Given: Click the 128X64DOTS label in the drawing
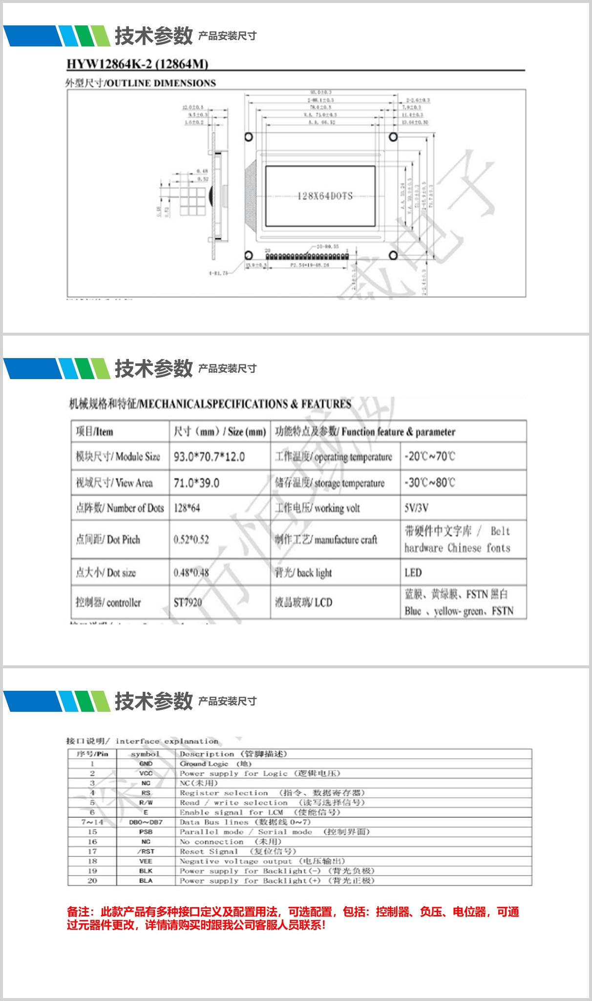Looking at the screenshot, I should [x=325, y=196].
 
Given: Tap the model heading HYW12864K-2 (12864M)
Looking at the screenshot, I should [x=137, y=64].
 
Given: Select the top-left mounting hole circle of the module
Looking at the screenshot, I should [x=249, y=137].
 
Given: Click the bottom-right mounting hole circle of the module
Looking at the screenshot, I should [x=393, y=255].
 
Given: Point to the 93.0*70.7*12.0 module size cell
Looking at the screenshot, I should [x=209, y=457].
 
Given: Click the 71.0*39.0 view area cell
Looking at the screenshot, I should [x=196, y=483].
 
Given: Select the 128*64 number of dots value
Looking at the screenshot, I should [x=187, y=508].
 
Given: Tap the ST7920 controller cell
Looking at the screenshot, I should [x=188, y=602].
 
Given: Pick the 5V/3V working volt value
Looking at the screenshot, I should [x=416, y=508].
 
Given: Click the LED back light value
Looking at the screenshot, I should [x=413, y=573].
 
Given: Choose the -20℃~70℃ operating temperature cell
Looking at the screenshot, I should [x=429, y=456].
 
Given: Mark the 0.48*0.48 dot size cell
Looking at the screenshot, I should [x=191, y=573].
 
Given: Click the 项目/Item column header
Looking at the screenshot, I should [x=94, y=432].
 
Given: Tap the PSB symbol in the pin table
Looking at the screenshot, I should [x=146, y=832].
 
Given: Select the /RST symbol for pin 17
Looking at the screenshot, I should [x=146, y=852].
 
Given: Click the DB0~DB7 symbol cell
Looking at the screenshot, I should [x=146, y=822].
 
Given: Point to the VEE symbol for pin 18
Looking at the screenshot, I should [x=146, y=861].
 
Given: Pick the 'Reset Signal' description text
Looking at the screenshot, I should [x=209, y=852].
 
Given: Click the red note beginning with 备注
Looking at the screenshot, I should [x=293, y=918].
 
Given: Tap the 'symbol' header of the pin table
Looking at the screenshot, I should [x=145, y=754].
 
